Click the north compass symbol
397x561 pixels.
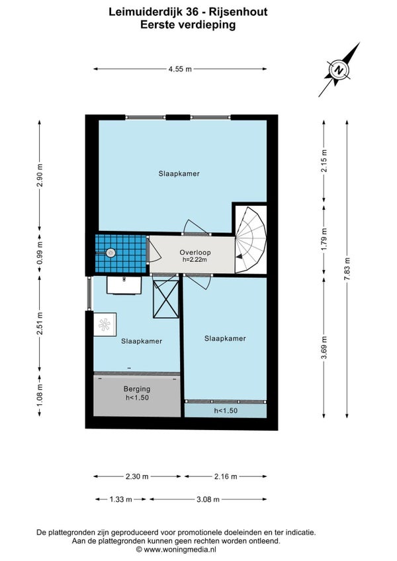pyautogui.click(x=339, y=69)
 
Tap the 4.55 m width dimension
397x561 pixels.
pyautogui.click(x=180, y=69)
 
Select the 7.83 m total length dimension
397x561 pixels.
pyautogui.click(x=347, y=269)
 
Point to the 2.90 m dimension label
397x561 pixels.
pyautogui.click(x=40, y=175)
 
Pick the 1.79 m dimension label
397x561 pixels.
pyautogui.click(x=324, y=239)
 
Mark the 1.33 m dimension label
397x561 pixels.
pyautogui.click(x=120, y=499)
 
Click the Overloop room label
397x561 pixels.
pyautogui.click(x=195, y=252)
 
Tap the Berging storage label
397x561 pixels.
pyautogui.click(x=137, y=389)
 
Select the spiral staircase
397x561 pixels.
pyautogui.click(x=251, y=240)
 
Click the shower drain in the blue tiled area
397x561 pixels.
pyautogui.click(x=111, y=253)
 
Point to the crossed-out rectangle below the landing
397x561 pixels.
pyautogui.click(x=165, y=299)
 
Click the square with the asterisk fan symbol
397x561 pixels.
pyautogui.click(x=105, y=325)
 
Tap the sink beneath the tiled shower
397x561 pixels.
pyautogui.click(x=124, y=285)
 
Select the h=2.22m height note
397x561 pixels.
pyautogui.click(x=195, y=260)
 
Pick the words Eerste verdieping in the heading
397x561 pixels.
pyautogui.click(x=188, y=24)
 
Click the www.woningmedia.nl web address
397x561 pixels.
pyautogui.click(x=180, y=550)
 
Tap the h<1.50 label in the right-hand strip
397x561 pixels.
pyautogui.click(x=226, y=411)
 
